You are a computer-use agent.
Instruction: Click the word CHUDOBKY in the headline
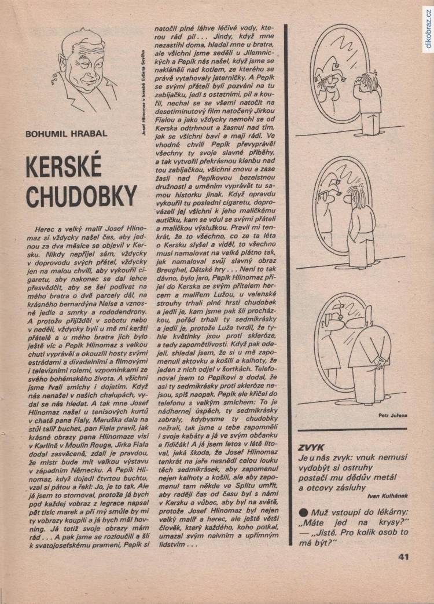(x=81, y=197)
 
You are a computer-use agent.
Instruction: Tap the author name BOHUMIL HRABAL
(x=67, y=133)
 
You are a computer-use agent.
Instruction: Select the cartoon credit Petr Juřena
(x=392, y=415)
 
